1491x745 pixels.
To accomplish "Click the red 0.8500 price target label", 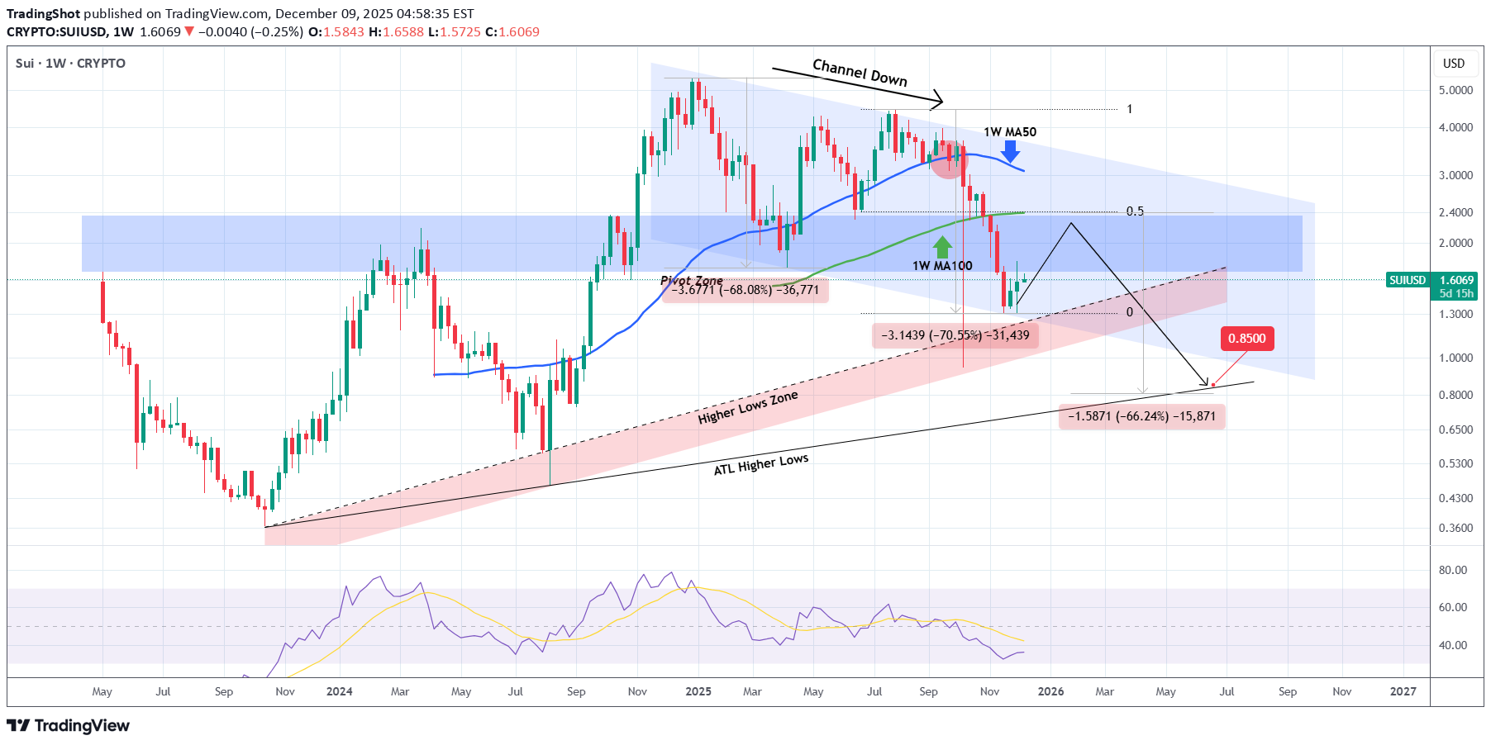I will pyautogui.click(x=1246, y=339).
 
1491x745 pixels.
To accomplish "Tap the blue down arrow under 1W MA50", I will pyautogui.click(x=1010, y=151).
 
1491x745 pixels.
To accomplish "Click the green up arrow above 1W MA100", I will pyautogui.click(x=942, y=247).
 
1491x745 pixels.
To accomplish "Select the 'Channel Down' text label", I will pyautogui.click(x=860, y=73).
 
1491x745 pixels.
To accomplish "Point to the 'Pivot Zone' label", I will pyautogui.click(x=691, y=281).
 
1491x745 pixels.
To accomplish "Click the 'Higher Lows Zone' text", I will pyautogui.click(x=748, y=407).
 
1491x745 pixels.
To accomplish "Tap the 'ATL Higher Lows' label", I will pyautogui.click(x=760, y=464).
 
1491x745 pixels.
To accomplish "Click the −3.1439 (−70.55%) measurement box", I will pyautogui.click(x=955, y=335).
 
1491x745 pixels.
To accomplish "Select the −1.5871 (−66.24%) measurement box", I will pyautogui.click(x=1141, y=416).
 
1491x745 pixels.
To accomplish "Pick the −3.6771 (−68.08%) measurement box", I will pyautogui.click(x=745, y=290).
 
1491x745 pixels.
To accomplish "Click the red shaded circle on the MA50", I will pyautogui.click(x=948, y=159).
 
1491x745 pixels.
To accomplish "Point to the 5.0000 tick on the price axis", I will pyautogui.click(x=1455, y=90).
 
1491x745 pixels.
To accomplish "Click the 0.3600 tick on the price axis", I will pyautogui.click(x=1455, y=528).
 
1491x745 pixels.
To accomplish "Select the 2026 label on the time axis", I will pyautogui.click(x=1050, y=691).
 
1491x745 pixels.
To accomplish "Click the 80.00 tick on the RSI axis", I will pyautogui.click(x=1452, y=570).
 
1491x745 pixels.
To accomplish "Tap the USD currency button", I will pyautogui.click(x=1454, y=64).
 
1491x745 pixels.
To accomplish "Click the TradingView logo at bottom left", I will pyautogui.click(x=69, y=725).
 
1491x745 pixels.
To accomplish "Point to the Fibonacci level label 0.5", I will pyautogui.click(x=1135, y=211).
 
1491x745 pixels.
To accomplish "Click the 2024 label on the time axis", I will pyautogui.click(x=339, y=691).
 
